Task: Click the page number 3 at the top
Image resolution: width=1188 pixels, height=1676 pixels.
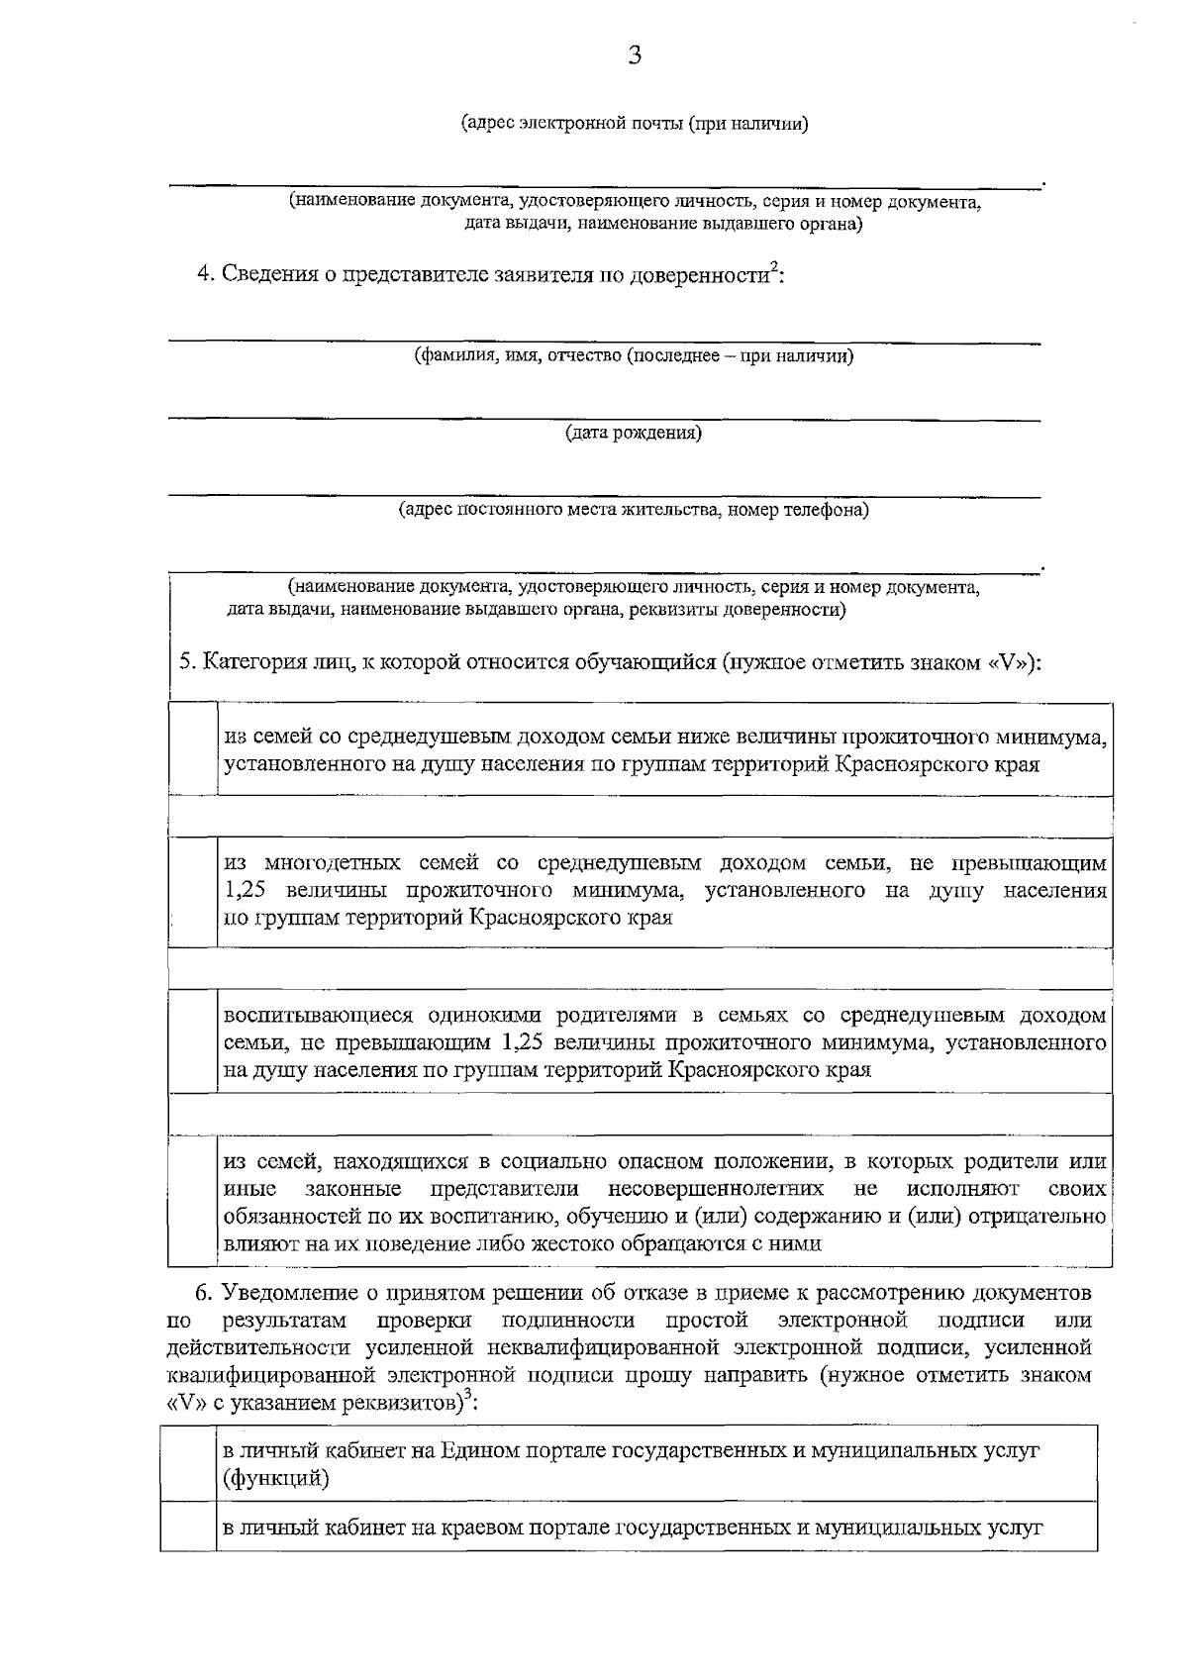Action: pos(635,56)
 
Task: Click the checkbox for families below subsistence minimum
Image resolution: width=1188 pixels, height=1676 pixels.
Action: pos(193,749)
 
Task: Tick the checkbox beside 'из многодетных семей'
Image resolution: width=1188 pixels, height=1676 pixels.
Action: pos(193,891)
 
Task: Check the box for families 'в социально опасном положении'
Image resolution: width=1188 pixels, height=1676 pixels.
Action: pos(193,1202)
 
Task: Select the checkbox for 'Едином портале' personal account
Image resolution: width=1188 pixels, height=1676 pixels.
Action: pos(188,1464)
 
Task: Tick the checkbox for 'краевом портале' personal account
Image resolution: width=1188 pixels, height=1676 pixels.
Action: pos(188,1528)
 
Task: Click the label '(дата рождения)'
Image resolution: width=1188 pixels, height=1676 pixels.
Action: pos(634,433)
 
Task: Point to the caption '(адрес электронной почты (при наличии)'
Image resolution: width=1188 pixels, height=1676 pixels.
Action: pos(635,124)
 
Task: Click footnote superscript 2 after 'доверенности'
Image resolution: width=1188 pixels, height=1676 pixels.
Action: pos(774,264)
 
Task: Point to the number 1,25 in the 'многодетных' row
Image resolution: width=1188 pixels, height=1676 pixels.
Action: pos(245,890)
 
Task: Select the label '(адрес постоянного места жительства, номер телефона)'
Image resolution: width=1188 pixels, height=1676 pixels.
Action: pos(634,510)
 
